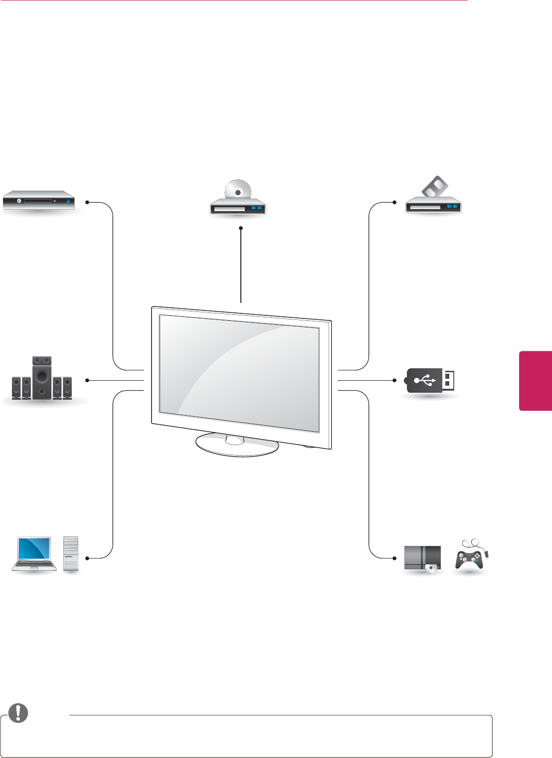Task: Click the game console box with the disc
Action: pos(422,559)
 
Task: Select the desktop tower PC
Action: pos(71,554)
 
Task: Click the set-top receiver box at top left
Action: pos(39,201)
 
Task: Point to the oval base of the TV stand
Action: pos(237,445)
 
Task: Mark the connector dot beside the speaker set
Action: pos(87,380)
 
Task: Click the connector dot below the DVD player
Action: pos(241,228)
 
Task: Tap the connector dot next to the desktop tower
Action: pos(87,558)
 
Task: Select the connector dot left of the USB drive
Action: pos(394,380)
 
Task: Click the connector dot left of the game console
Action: pos(394,558)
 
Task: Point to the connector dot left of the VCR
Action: pos(394,203)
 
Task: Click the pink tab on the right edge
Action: pos(536,381)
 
